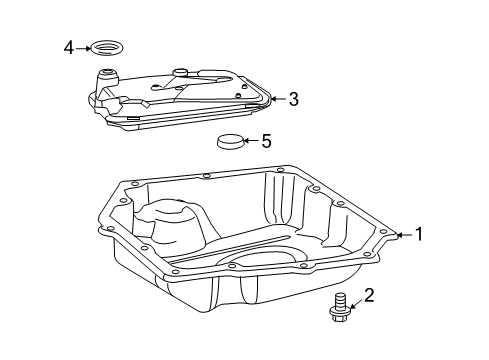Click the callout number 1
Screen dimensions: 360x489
point(419,235)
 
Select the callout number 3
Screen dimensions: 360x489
point(293,98)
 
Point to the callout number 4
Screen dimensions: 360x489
point(69,46)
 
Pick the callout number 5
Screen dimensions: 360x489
point(265,141)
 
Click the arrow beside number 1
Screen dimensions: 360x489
point(402,235)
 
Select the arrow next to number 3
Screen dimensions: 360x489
point(277,98)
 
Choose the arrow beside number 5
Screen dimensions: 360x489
point(250,141)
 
